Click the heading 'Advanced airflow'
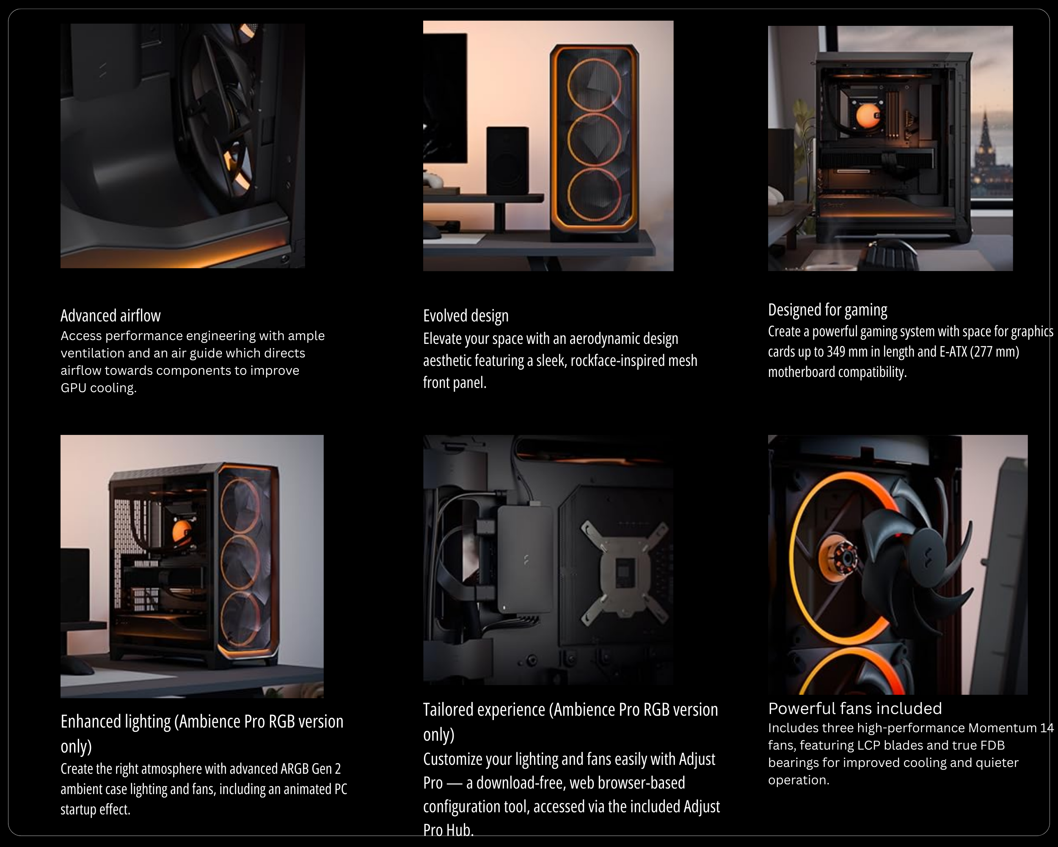[110, 315]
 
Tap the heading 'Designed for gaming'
[827, 310]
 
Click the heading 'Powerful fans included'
[855, 708]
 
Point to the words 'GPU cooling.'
[99, 388]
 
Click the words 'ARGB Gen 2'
[311, 768]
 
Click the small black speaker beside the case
[508, 160]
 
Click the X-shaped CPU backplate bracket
[624, 571]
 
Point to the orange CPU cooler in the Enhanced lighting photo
[182, 530]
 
